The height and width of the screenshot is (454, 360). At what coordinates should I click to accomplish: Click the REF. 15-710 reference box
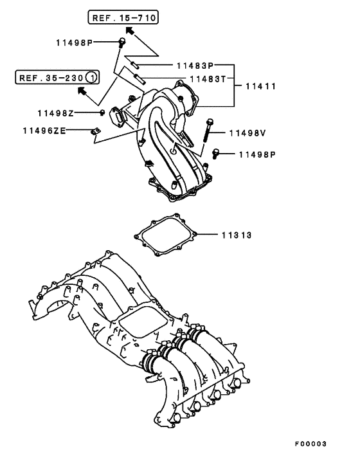[x=123, y=17]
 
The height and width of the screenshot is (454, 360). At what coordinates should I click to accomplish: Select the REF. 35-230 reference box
[x=57, y=77]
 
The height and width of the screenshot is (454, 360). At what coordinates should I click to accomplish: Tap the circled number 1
[x=92, y=78]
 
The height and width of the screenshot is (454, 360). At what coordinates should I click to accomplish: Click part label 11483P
[x=195, y=66]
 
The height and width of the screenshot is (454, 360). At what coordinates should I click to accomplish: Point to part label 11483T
[x=208, y=78]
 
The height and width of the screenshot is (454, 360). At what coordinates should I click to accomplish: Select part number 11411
[x=261, y=86]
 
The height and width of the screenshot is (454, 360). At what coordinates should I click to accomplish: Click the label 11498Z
[x=55, y=113]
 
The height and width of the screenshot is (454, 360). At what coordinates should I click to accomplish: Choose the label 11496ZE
[x=44, y=131]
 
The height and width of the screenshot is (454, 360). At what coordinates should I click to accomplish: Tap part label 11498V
[x=248, y=133]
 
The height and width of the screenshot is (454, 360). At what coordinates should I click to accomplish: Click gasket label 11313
[x=237, y=235]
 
